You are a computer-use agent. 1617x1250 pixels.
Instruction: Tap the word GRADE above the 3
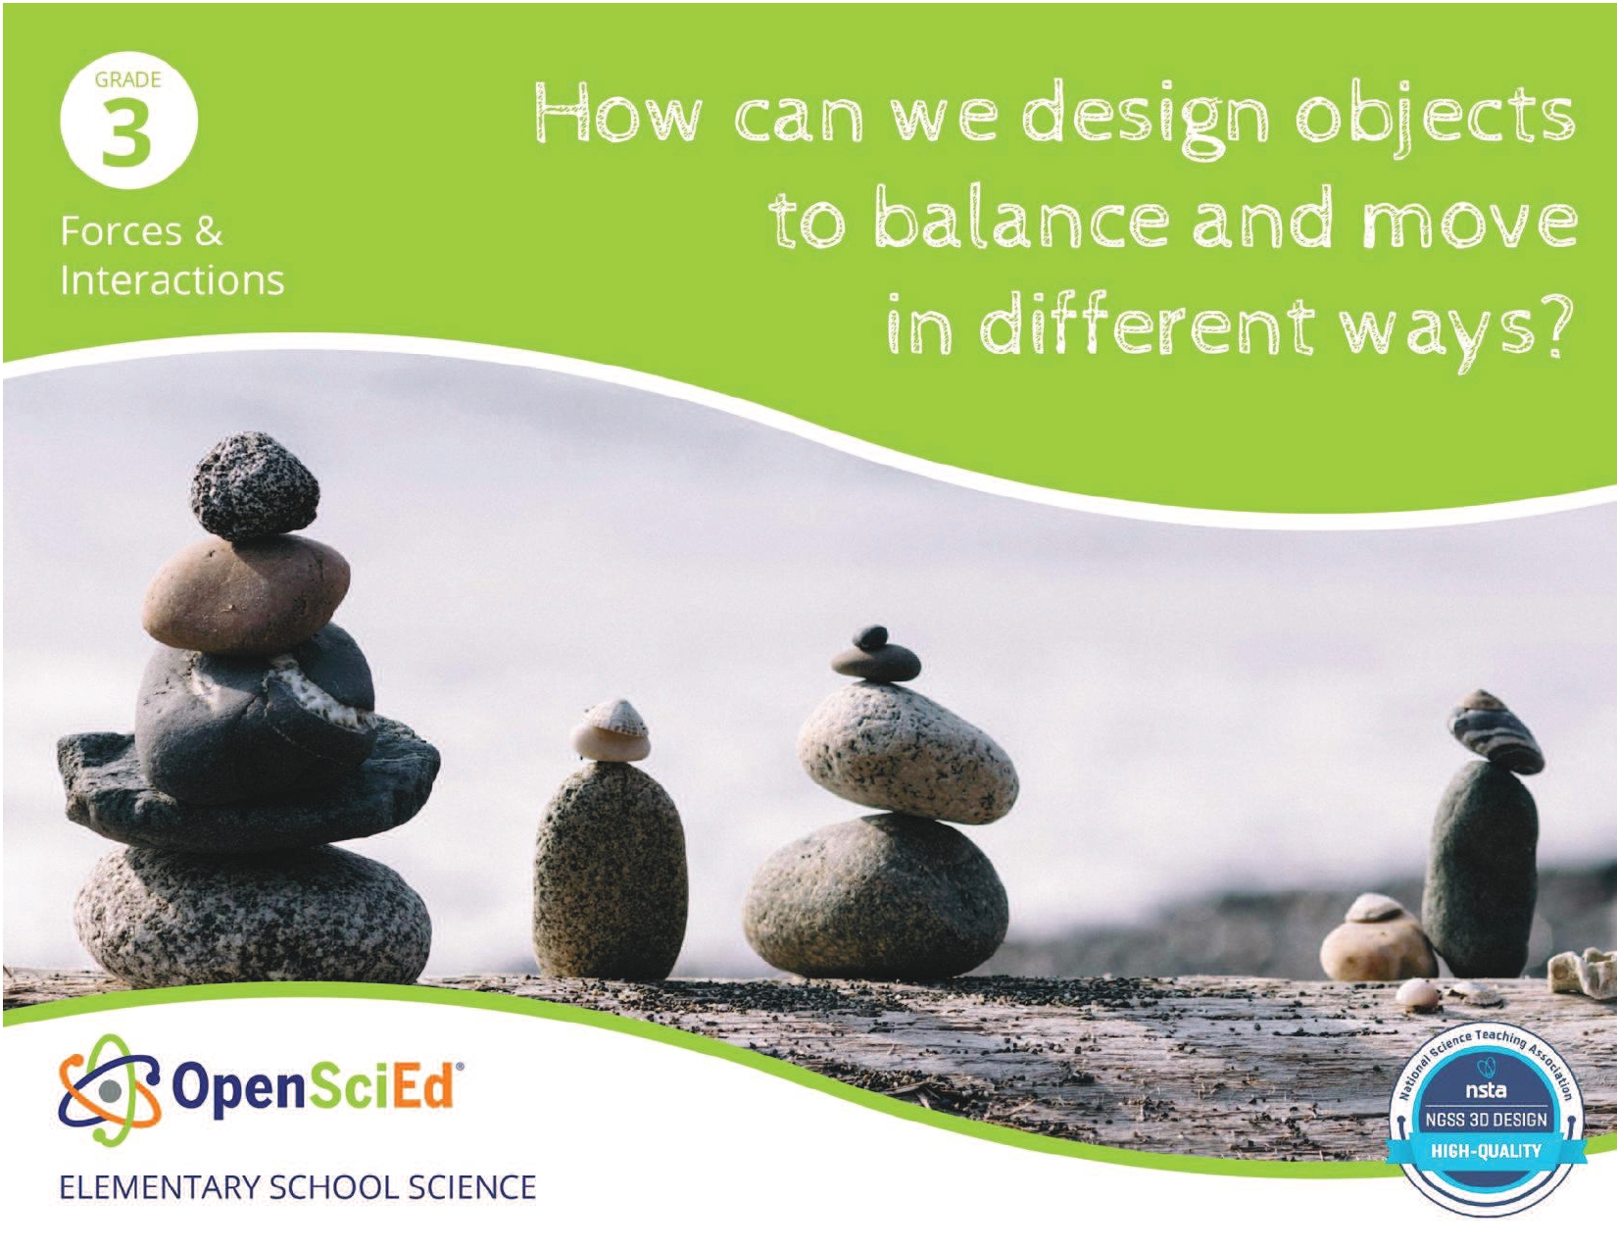[128, 79]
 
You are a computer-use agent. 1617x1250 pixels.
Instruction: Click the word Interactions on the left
[171, 280]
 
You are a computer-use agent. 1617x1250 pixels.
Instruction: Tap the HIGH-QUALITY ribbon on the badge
[1486, 1150]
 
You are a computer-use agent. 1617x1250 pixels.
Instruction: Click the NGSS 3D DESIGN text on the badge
[1486, 1120]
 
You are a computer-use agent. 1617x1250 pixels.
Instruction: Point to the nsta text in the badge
[1486, 1090]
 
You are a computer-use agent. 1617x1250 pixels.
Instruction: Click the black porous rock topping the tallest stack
[255, 486]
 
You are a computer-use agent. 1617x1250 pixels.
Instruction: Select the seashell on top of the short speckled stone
[611, 730]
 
